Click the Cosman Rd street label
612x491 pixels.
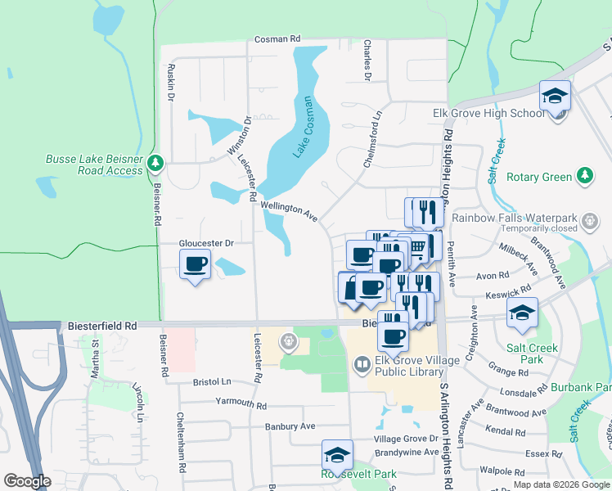[277, 38]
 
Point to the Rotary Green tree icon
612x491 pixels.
[584, 176]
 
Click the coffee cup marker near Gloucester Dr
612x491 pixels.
[195, 264]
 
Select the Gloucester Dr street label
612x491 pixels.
[207, 243]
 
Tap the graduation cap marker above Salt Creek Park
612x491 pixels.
[521, 313]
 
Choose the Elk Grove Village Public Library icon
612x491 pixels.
[362, 363]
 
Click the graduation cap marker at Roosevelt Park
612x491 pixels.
[337, 455]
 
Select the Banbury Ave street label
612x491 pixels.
[290, 426]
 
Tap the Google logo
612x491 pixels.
[27, 482]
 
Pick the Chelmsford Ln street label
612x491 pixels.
[373, 140]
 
